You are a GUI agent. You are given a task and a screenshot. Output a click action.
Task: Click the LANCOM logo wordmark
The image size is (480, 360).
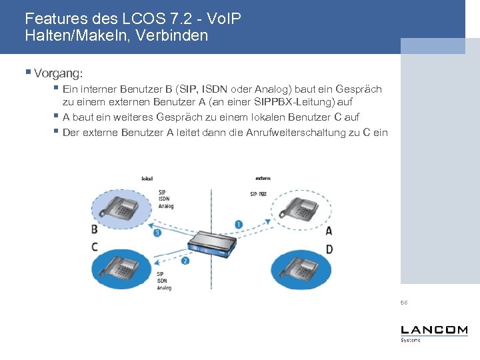434,331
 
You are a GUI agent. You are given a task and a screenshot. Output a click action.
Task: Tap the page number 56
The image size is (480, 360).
404,303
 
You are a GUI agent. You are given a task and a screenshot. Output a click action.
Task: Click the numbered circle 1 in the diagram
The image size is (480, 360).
239,225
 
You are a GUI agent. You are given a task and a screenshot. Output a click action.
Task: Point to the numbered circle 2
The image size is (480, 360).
185,261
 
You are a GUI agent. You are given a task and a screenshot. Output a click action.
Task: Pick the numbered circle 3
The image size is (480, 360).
157,233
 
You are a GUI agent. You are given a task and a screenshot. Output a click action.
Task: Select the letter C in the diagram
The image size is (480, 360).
95,247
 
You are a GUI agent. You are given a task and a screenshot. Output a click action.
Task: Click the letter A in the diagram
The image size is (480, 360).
329,231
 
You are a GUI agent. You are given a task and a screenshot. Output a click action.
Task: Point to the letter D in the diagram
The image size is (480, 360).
329,249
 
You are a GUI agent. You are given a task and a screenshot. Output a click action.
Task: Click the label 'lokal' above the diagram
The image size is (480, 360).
147,179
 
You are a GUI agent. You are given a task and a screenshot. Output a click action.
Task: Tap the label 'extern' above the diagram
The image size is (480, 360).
263,179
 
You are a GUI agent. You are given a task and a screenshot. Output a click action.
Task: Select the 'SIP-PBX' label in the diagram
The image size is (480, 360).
259,194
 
